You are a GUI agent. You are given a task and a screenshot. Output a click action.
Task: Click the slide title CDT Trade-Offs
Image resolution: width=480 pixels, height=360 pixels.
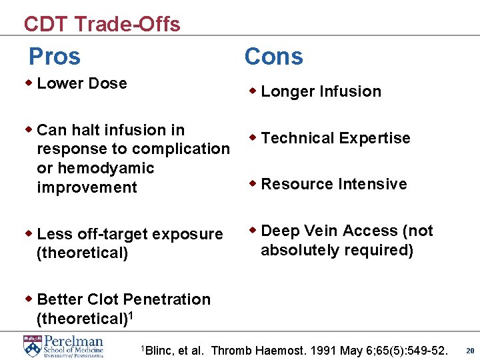click(101, 24)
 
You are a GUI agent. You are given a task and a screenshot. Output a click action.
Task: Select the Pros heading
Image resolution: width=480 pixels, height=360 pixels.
click(54, 57)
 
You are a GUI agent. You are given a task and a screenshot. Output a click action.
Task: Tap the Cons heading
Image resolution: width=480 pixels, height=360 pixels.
click(273, 57)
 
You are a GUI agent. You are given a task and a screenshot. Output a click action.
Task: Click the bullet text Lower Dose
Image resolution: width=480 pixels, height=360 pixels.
click(82, 83)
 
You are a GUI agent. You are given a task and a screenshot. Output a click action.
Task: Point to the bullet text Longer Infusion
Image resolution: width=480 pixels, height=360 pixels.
click(321, 91)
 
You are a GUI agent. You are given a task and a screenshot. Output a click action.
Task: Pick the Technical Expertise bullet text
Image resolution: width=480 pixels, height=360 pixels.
click(335, 138)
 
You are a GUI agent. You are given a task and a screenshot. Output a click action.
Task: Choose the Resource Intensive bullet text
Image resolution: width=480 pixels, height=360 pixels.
click(333, 184)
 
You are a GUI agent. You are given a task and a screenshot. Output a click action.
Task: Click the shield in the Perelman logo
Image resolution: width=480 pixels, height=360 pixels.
click(31, 345)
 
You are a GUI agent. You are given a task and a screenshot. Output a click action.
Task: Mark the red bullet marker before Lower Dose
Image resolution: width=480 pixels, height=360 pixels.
click(29, 83)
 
